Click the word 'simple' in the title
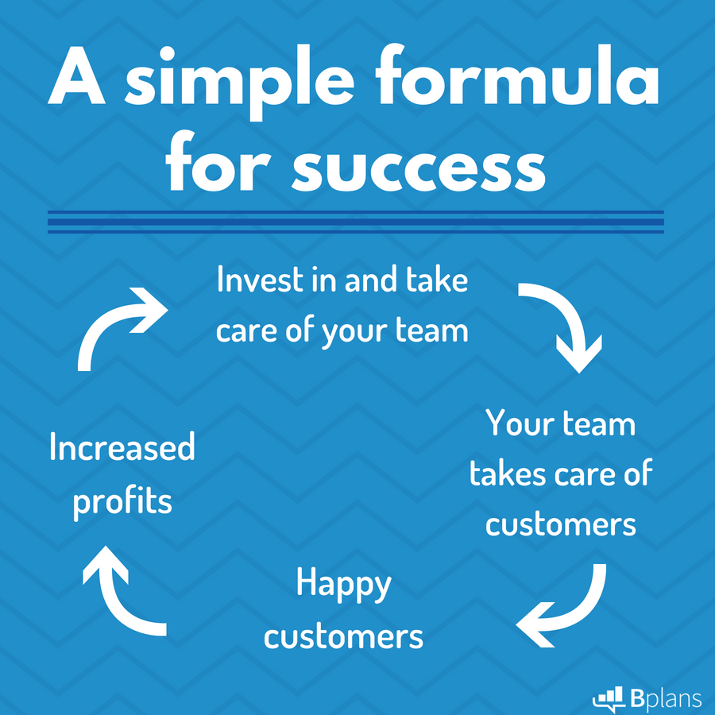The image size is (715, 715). pyautogui.click(x=240, y=82)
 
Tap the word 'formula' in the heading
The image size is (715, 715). pyautogui.click(x=517, y=75)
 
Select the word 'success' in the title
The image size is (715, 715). pyautogui.click(x=419, y=168)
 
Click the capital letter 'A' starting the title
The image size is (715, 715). pyautogui.click(x=76, y=75)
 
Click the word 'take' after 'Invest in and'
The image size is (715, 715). pyautogui.click(x=437, y=279)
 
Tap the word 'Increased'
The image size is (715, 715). pyautogui.click(x=122, y=446)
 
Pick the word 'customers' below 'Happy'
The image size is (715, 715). pyautogui.click(x=343, y=637)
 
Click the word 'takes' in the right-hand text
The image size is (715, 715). pyautogui.click(x=508, y=473)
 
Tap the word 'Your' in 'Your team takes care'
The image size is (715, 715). pyautogui.click(x=521, y=423)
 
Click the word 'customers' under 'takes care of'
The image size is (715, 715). pyautogui.click(x=560, y=524)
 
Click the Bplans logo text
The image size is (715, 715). pyautogui.click(x=666, y=698)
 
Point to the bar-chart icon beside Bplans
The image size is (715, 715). pyautogui.click(x=609, y=698)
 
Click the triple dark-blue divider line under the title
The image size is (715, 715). pyautogui.click(x=356, y=222)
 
